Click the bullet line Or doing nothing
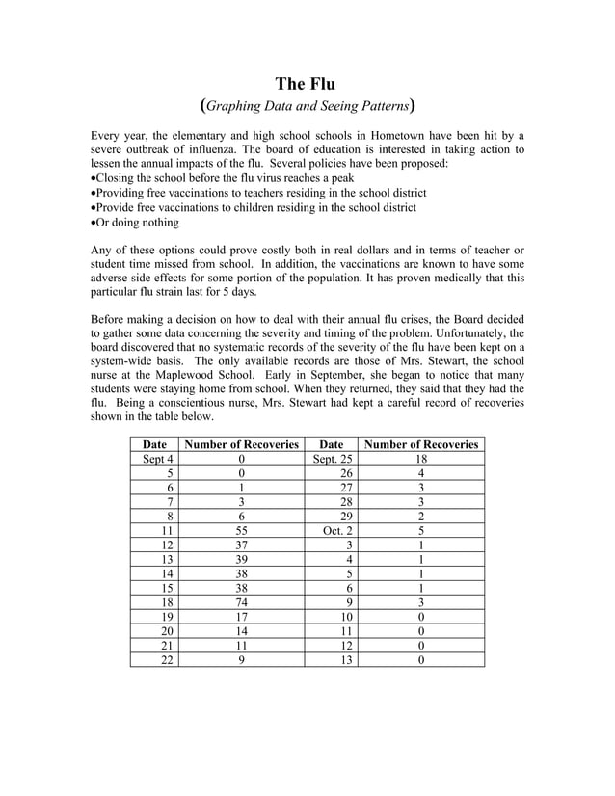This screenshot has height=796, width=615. [136, 223]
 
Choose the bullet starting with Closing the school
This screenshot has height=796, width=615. [223, 178]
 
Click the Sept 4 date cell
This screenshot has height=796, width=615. [154, 460]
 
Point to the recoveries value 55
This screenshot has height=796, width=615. [241, 530]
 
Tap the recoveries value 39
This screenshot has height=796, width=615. [241, 560]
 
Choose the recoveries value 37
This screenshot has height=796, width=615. [241, 545]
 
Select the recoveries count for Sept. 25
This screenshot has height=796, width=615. [420, 460]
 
